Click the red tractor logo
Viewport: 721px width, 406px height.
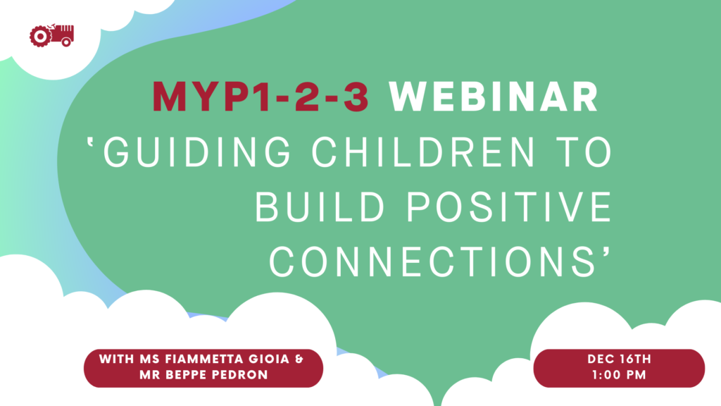click(x=51, y=35)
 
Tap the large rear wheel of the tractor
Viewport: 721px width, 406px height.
click(x=40, y=37)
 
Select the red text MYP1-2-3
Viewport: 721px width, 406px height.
click(x=261, y=97)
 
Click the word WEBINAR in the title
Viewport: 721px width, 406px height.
click(x=494, y=97)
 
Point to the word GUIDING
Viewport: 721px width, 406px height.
click(x=197, y=152)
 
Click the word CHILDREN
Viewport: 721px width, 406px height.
click(x=423, y=152)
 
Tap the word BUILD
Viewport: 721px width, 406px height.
click(x=320, y=207)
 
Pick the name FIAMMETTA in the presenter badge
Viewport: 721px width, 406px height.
click(x=206, y=359)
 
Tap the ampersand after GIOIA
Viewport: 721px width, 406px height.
click(x=299, y=359)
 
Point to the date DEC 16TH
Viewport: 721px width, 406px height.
click(x=620, y=359)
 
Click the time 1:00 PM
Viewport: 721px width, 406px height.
click(x=620, y=375)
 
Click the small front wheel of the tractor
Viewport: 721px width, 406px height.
click(x=66, y=42)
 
